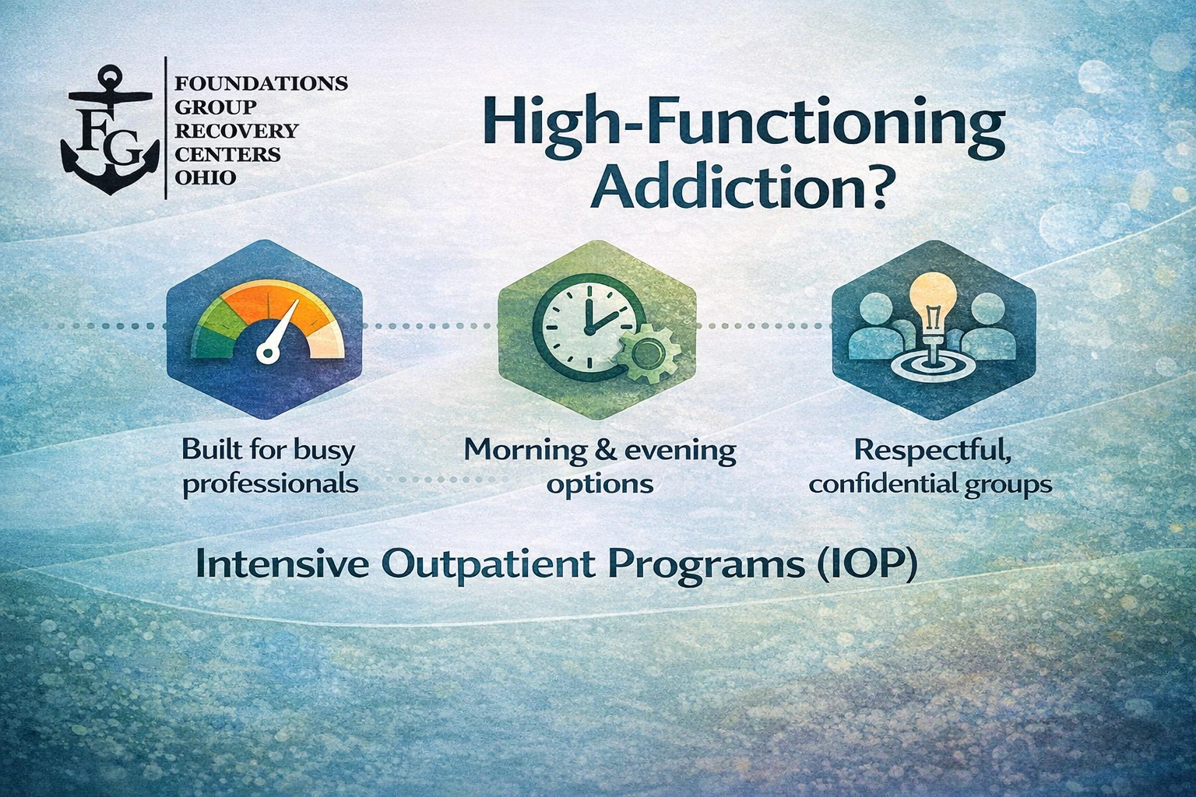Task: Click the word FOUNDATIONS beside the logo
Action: coord(262,83)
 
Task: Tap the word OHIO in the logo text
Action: coord(206,178)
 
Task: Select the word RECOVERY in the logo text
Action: coord(237,131)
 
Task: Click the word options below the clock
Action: coord(599,484)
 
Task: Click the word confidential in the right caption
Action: coord(882,484)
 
